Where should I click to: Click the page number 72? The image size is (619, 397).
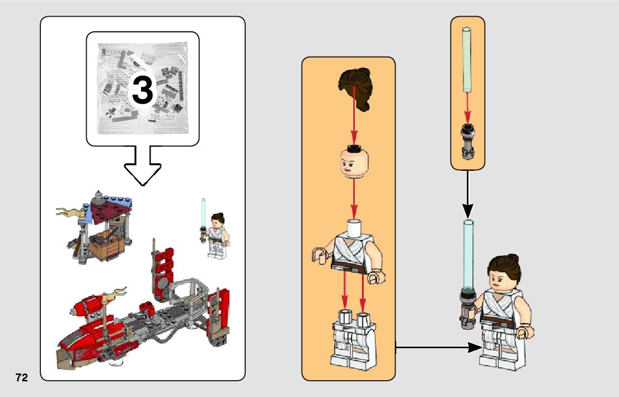pos(22,377)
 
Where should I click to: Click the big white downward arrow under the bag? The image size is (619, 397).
pos(142,166)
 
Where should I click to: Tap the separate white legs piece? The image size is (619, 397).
pos(353,338)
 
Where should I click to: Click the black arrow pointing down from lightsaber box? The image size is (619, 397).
pos(468,194)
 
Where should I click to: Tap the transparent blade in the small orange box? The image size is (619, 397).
pos(468,59)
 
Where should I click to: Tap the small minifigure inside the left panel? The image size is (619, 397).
pos(217,235)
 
